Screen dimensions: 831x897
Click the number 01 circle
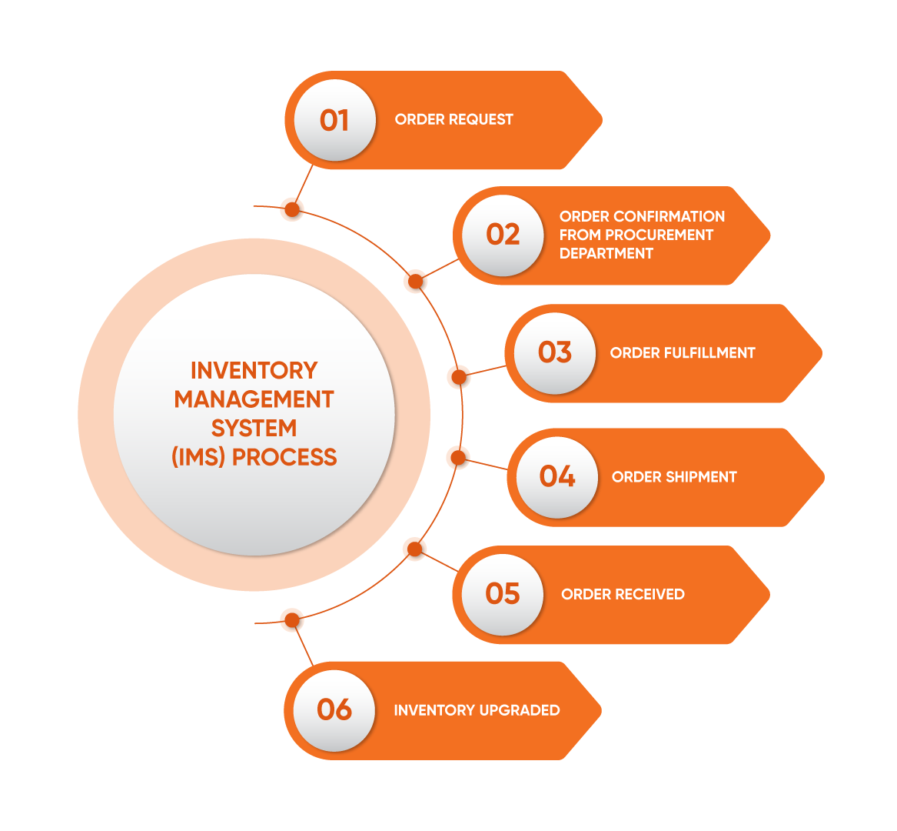click(x=334, y=121)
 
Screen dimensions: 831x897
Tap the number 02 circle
click(x=503, y=235)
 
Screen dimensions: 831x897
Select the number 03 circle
click(x=554, y=352)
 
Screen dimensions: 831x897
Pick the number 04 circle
click(x=556, y=476)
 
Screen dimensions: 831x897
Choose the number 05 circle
click(x=503, y=593)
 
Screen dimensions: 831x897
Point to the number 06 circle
click(x=334, y=709)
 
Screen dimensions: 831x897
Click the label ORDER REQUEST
click(x=453, y=119)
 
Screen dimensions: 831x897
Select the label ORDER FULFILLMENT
click(x=682, y=353)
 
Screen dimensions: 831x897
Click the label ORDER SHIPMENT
click(x=674, y=477)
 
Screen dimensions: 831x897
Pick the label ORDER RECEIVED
click(x=623, y=594)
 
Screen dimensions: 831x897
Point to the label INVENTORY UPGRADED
click(x=477, y=710)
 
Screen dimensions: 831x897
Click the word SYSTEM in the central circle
click(x=254, y=428)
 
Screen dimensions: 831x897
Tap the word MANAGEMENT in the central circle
click(x=254, y=399)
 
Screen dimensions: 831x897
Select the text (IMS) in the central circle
click(x=198, y=457)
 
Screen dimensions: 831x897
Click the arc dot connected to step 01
click(x=291, y=209)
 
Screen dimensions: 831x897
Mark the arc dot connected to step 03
click(x=458, y=377)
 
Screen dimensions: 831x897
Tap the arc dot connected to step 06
click(x=291, y=619)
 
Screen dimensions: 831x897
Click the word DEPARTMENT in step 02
click(x=606, y=253)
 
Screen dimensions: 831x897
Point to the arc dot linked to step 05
click(x=414, y=549)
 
